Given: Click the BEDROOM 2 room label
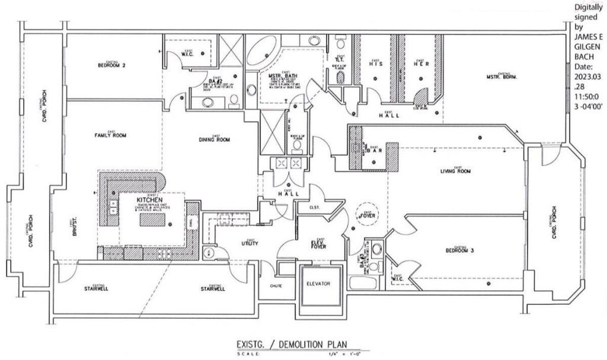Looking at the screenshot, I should click(x=109, y=65).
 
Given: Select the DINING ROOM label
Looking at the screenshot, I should click(x=214, y=140).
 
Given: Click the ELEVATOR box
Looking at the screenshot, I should click(x=321, y=283).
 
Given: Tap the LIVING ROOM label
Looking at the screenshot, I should click(x=455, y=172).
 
